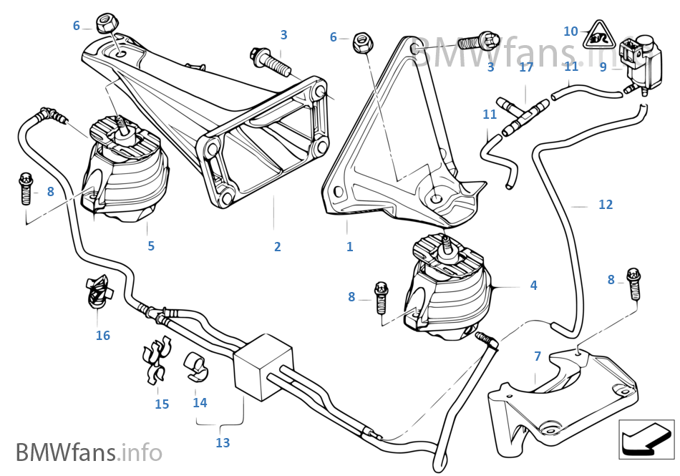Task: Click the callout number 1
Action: pyautogui.click(x=349, y=247)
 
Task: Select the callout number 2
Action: pyautogui.click(x=277, y=247)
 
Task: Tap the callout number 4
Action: pyautogui.click(x=533, y=285)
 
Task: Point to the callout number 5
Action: pyautogui.click(x=151, y=246)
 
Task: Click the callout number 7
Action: pyautogui.click(x=538, y=356)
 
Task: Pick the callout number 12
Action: pyautogui.click(x=606, y=205)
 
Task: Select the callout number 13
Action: pyautogui.click(x=223, y=443)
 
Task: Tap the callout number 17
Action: pyautogui.click(x=526, y=68)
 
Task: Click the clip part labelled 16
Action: pyautogui.click(x=98, y=291)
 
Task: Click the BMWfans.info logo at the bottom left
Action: pyautogui.click(x=88, y=452)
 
